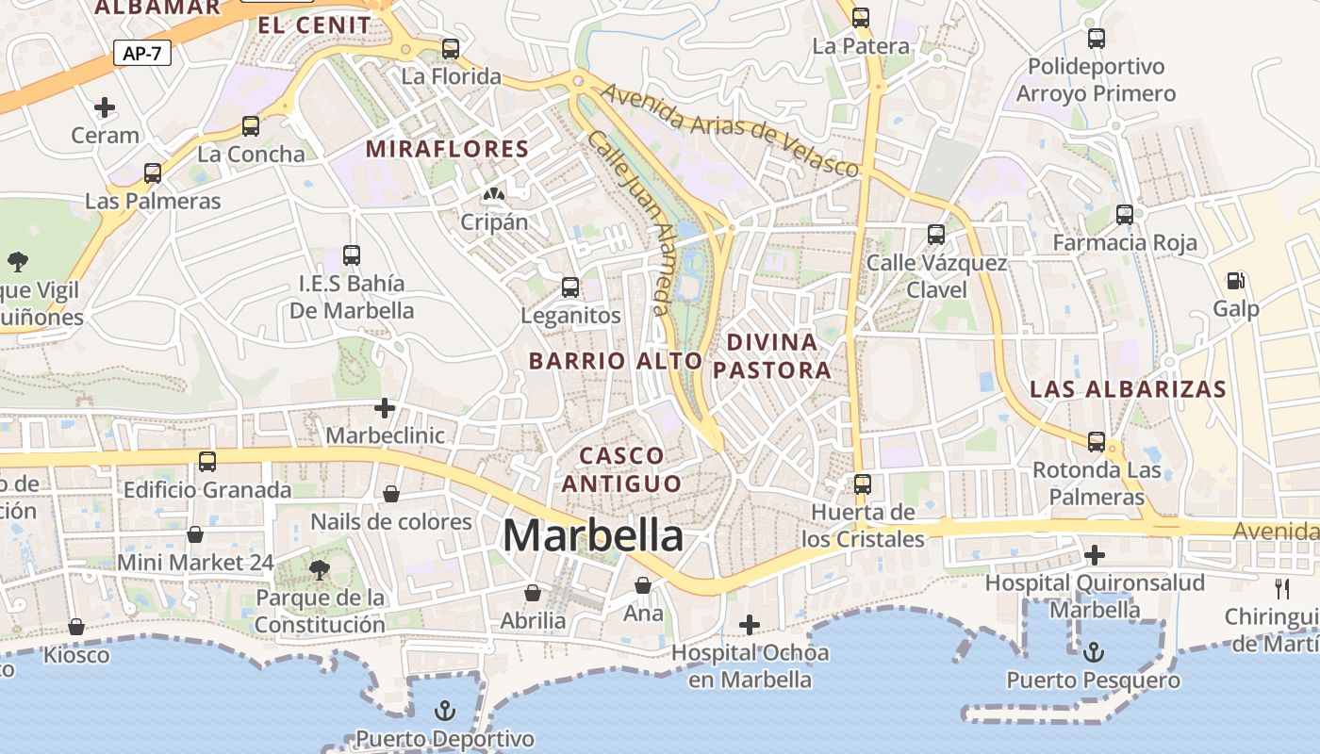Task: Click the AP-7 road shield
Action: (x=142, y=54)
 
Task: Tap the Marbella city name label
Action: (x=593, y=535)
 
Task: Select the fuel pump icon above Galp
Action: (x=1235, y=280)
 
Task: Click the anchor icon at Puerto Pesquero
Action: (x=1094, y=651)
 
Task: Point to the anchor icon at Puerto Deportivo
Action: (x=444, y=710)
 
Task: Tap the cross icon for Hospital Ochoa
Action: (x=750, y=624)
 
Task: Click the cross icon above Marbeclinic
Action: (x=385, y=408)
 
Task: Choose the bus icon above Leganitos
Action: (x=570, y=287)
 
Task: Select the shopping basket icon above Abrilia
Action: (x=533, y=592)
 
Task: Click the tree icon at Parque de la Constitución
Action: (x=320, y=568)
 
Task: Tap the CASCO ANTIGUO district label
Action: (x=621, y=469)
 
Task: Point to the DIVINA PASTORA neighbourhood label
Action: (x=772, y=355)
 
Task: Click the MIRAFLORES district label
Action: (x=448, y=149)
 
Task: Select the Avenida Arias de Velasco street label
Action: (x=730, y=130)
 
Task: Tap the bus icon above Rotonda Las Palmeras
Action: (x=1097, y=441)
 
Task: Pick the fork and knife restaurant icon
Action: (x=1281, y=589)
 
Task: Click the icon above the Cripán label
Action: (x=493, y=194)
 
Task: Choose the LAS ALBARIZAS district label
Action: (x=1128, y=389)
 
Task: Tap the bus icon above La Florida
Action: (x=451, y=48)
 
